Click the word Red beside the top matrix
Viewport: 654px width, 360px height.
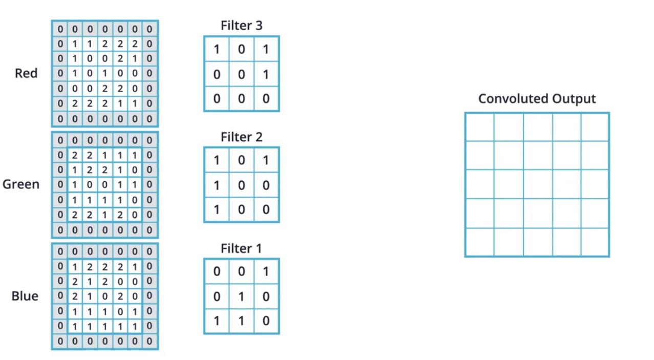pos(26,73)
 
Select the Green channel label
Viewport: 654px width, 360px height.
pos(21,184)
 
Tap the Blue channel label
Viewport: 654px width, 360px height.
pos(25,296)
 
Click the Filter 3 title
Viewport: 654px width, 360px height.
pos(241,26)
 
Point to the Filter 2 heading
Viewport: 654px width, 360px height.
pos(241,137)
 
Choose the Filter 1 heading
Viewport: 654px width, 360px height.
pos(241,248)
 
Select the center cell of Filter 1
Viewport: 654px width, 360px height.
pos(241,297)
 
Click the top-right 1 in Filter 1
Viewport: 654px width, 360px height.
pos(266,271)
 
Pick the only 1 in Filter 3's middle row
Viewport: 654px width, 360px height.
pos(266,74)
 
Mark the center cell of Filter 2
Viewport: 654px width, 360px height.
pos(241,185)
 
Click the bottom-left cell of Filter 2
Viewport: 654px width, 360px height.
pos(217,209)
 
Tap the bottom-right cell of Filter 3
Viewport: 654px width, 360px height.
pos(266,98)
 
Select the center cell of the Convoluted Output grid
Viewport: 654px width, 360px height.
pos(538,184)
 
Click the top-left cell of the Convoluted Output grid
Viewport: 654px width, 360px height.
pos(480,128)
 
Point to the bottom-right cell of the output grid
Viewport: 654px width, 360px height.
pos(595,242)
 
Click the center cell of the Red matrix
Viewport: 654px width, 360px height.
pos(105,73)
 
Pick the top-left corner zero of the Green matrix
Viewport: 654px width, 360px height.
pos(60,140)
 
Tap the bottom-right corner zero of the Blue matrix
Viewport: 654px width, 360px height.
pos(150,341)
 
